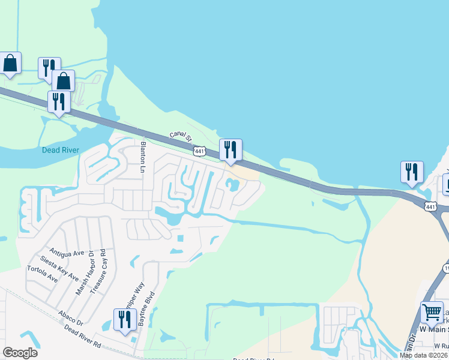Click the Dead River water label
click(61, 150)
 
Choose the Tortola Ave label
click(43, 274)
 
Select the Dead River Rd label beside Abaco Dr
click(83, 336)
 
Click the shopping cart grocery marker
click(432, 313)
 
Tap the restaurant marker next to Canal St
click(231, 150)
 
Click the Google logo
click(20, 353)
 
